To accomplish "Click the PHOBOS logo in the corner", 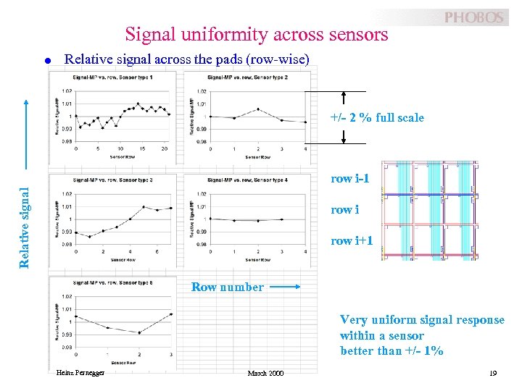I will pyautogui.click(x=473, y=17).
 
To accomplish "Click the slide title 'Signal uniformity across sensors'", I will pyautogui.click(x=256, y=34).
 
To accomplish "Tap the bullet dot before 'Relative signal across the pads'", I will pyautogui.click(x=47, y=61).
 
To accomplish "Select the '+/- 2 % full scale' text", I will pyautogui.click(x=377, y=117).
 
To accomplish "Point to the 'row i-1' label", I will pyautogui.click(x=349, y=178).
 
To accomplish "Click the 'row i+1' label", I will pyautogui.click(x=352, y=240).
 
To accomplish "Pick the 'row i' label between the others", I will pyautogui.click(x=345, y=209).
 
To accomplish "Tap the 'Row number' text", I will pyautogui.click(x=227, y=287).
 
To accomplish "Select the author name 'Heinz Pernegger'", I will pyautogui.click(x=79, y=373).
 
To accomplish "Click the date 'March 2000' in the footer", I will pyautogui.click(x=265, y=373).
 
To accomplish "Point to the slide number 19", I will pyautogui.click(x=493, y=373).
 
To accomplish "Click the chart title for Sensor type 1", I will pyautogui.click(x=112, y=77).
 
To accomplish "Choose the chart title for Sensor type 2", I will pyautogui.click(x=246, y=77).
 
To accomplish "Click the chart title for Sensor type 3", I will pyautogui.click(x=112, y=180).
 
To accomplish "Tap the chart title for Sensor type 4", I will pyautogui.click(x=246, y=180).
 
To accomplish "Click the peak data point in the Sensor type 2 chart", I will pyautogui.click(x=258, y=109).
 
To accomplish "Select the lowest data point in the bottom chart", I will pyautogui.click(x=139, y=332).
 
